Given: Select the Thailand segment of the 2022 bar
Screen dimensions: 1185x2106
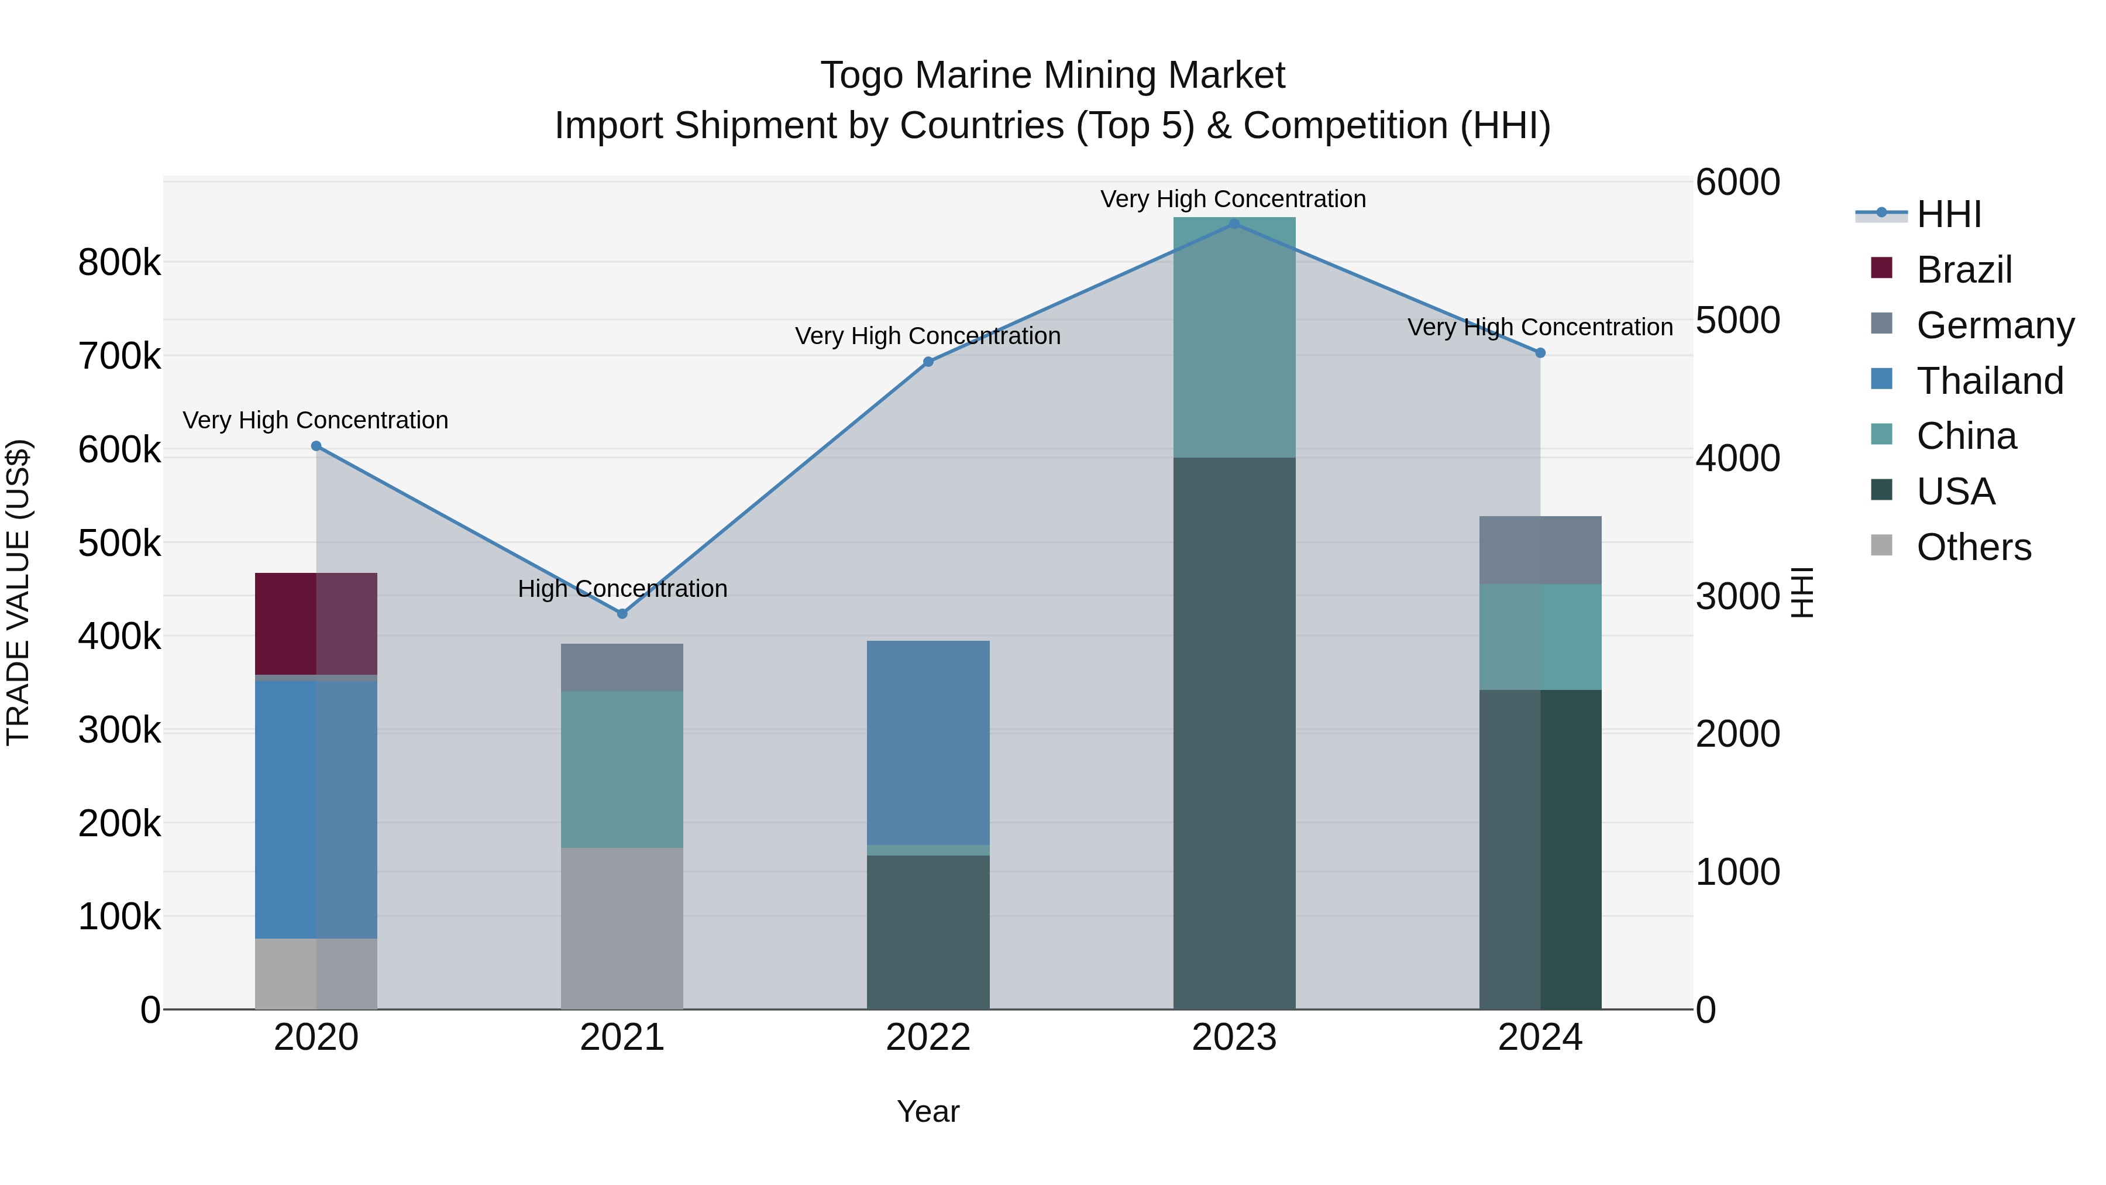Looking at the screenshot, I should coord(928,742).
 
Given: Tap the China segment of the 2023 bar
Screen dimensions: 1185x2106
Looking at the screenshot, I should coord(1234,337).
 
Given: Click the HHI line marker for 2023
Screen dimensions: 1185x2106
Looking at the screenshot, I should coord(1234,224).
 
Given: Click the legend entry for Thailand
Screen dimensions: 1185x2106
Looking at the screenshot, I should coord(1989,381).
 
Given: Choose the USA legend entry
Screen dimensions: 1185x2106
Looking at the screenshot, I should coord(1956,492).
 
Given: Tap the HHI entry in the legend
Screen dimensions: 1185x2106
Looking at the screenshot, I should coord(1948,214).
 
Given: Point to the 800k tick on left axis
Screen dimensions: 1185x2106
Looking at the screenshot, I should coord(119,263).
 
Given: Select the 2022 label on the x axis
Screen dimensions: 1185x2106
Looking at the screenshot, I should coord(928,1038).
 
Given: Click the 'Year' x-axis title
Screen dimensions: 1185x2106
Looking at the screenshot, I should coord(928,1111).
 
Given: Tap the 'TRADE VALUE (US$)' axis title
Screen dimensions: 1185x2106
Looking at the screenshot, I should coord(18,592).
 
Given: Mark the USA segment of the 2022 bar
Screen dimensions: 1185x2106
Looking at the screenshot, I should coord(928,932).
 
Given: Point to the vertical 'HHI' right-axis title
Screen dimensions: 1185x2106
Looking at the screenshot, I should coord(1802,592).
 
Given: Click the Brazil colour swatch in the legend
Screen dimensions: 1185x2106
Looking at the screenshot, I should coord(1881,268).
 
